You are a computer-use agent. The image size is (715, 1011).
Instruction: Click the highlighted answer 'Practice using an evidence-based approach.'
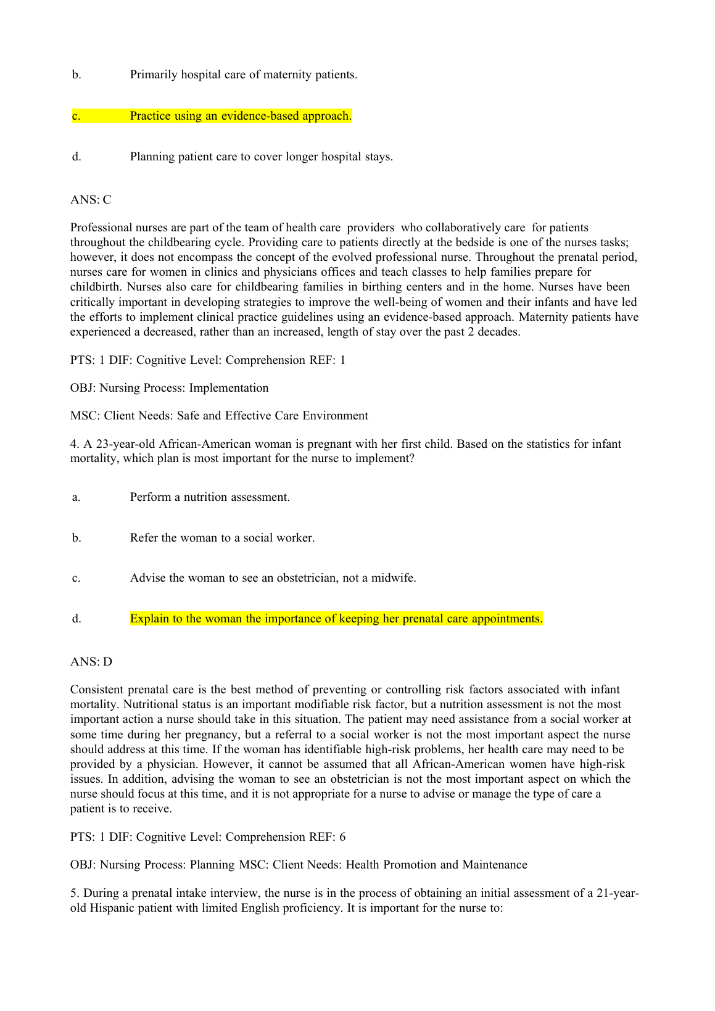241,116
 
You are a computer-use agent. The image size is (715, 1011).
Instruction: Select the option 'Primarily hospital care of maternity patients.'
244,75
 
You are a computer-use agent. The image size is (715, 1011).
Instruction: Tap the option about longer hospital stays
261,157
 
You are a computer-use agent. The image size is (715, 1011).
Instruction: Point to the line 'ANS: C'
91,199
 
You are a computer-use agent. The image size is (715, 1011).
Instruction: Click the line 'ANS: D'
91,662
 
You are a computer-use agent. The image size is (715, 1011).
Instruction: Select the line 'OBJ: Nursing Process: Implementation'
170,388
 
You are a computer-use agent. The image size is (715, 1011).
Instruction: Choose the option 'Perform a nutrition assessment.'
210,497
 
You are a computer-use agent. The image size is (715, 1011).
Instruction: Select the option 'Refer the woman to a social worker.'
222,538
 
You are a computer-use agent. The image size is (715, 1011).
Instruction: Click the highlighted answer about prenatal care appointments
336,619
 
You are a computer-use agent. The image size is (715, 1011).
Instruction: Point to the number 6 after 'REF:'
342,837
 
